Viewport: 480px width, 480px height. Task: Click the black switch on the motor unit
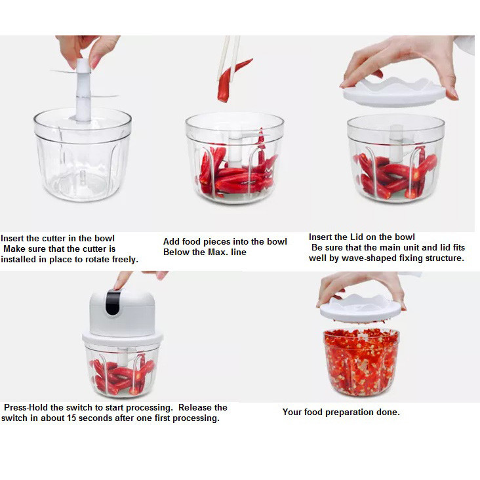click(x=113, y=302)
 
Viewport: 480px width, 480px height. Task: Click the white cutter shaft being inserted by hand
click(x=83, y=90)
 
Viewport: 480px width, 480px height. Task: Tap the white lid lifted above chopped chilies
click(x=360, y=309)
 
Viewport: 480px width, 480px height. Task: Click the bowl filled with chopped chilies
click(x=361, y=362)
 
